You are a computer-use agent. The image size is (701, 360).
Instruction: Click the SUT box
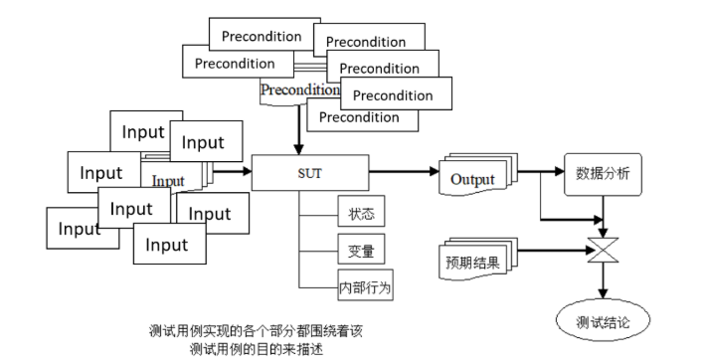(x=310, y=172)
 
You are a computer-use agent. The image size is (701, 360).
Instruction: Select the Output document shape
(x=471, y=179)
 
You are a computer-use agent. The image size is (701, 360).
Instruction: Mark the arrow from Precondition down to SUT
(x=298, y=127)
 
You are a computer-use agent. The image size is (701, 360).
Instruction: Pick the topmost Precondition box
(x=262, y=36)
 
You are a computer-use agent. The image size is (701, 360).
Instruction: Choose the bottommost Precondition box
(x=359, y=118)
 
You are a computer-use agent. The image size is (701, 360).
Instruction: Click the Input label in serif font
(x=168, y=181)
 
